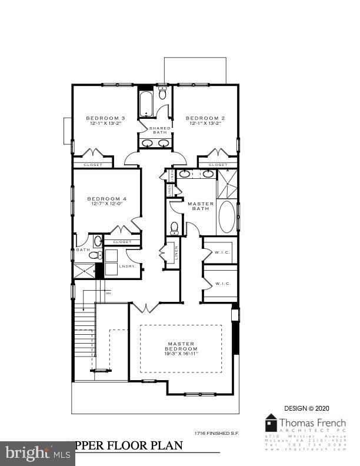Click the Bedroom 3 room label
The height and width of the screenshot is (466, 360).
(x=102, y=116)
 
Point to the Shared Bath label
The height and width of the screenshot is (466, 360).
(x=160, y=130)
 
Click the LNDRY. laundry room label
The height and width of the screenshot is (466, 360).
(x=127, y=267)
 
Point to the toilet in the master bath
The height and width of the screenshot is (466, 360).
(x=174, y=227)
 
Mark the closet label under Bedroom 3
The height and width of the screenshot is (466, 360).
(x=93, y=165)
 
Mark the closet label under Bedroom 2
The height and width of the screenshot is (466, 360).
(x=218, y=165)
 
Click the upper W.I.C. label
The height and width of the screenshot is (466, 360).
(x=222, y=254)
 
